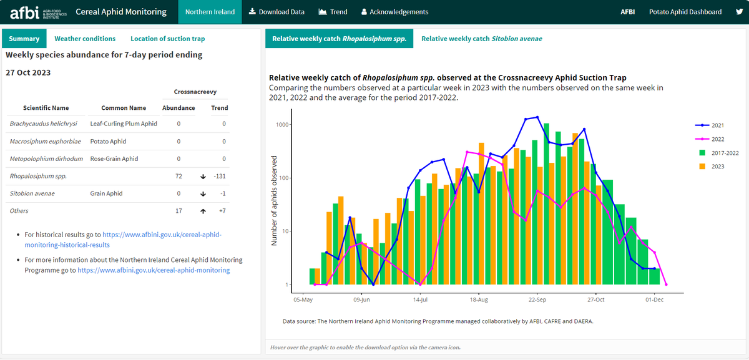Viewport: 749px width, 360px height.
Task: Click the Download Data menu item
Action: pos(277,12)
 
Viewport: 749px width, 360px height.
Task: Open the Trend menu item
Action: pos(333,12)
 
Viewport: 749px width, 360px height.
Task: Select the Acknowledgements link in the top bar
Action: pos(394,12)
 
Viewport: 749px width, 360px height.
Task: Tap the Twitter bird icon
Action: pos(739,12)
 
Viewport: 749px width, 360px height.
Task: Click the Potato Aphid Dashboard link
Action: pos(685,12)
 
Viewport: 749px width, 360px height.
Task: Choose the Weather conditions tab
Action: pos(85,39)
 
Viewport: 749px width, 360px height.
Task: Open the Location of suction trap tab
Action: pos(167,39)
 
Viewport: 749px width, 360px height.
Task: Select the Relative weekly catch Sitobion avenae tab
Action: pos(481,39)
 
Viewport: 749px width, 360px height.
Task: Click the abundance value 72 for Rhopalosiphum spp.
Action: pos(179,177)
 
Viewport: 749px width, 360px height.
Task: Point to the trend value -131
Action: pos(219,177)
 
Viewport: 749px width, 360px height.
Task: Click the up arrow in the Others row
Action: pos(203,212)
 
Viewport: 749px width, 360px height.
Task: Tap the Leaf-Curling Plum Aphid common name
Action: pos(124,124)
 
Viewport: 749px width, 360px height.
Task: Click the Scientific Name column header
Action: pos(46,108)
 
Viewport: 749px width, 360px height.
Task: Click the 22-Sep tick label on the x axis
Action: pos(537,300)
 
